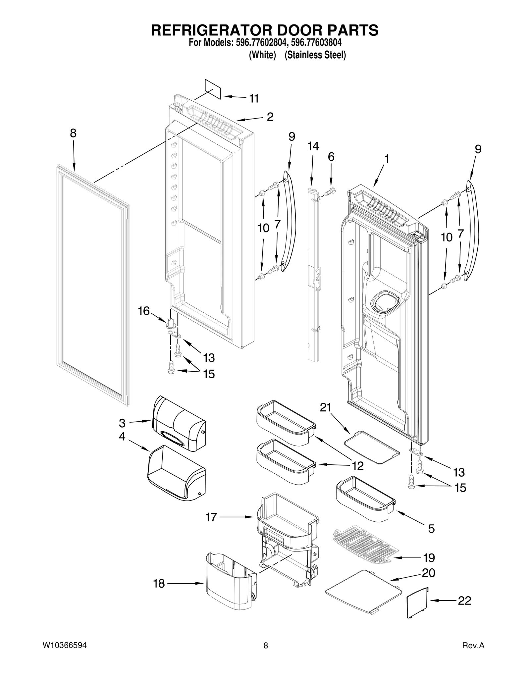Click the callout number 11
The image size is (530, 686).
click(254, 98)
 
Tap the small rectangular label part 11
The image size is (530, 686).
click(212, 89)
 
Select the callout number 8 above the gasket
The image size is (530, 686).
click(73, 133)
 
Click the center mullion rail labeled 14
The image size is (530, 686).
click(313, 275)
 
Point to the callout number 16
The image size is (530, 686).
click(144, 311)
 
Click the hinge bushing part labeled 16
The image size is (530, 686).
click(171, 323)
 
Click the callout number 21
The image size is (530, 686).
click(325, 407)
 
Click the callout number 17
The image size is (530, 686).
click(211, 517)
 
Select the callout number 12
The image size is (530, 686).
click(358, 466)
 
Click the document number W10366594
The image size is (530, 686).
click(65, 645)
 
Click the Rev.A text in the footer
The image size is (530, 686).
click(473, 645)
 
